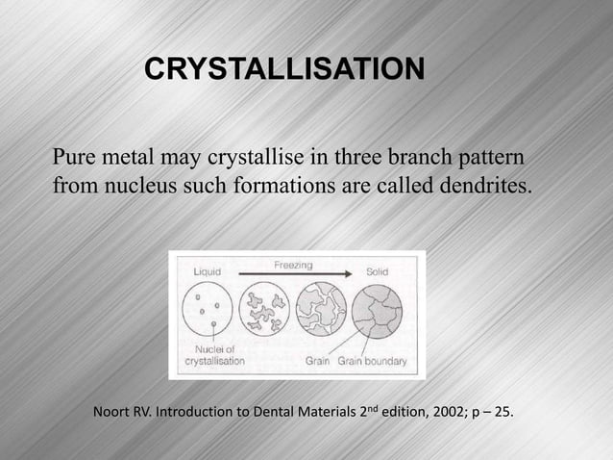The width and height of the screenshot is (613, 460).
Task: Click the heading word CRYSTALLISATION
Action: pyautogui.click(x=282, y=69)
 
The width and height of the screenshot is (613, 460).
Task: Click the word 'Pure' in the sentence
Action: pyautogui.click(x=75, y=156)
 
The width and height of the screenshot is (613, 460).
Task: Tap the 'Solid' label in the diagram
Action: pyautogui.click(x=378, y=273)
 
